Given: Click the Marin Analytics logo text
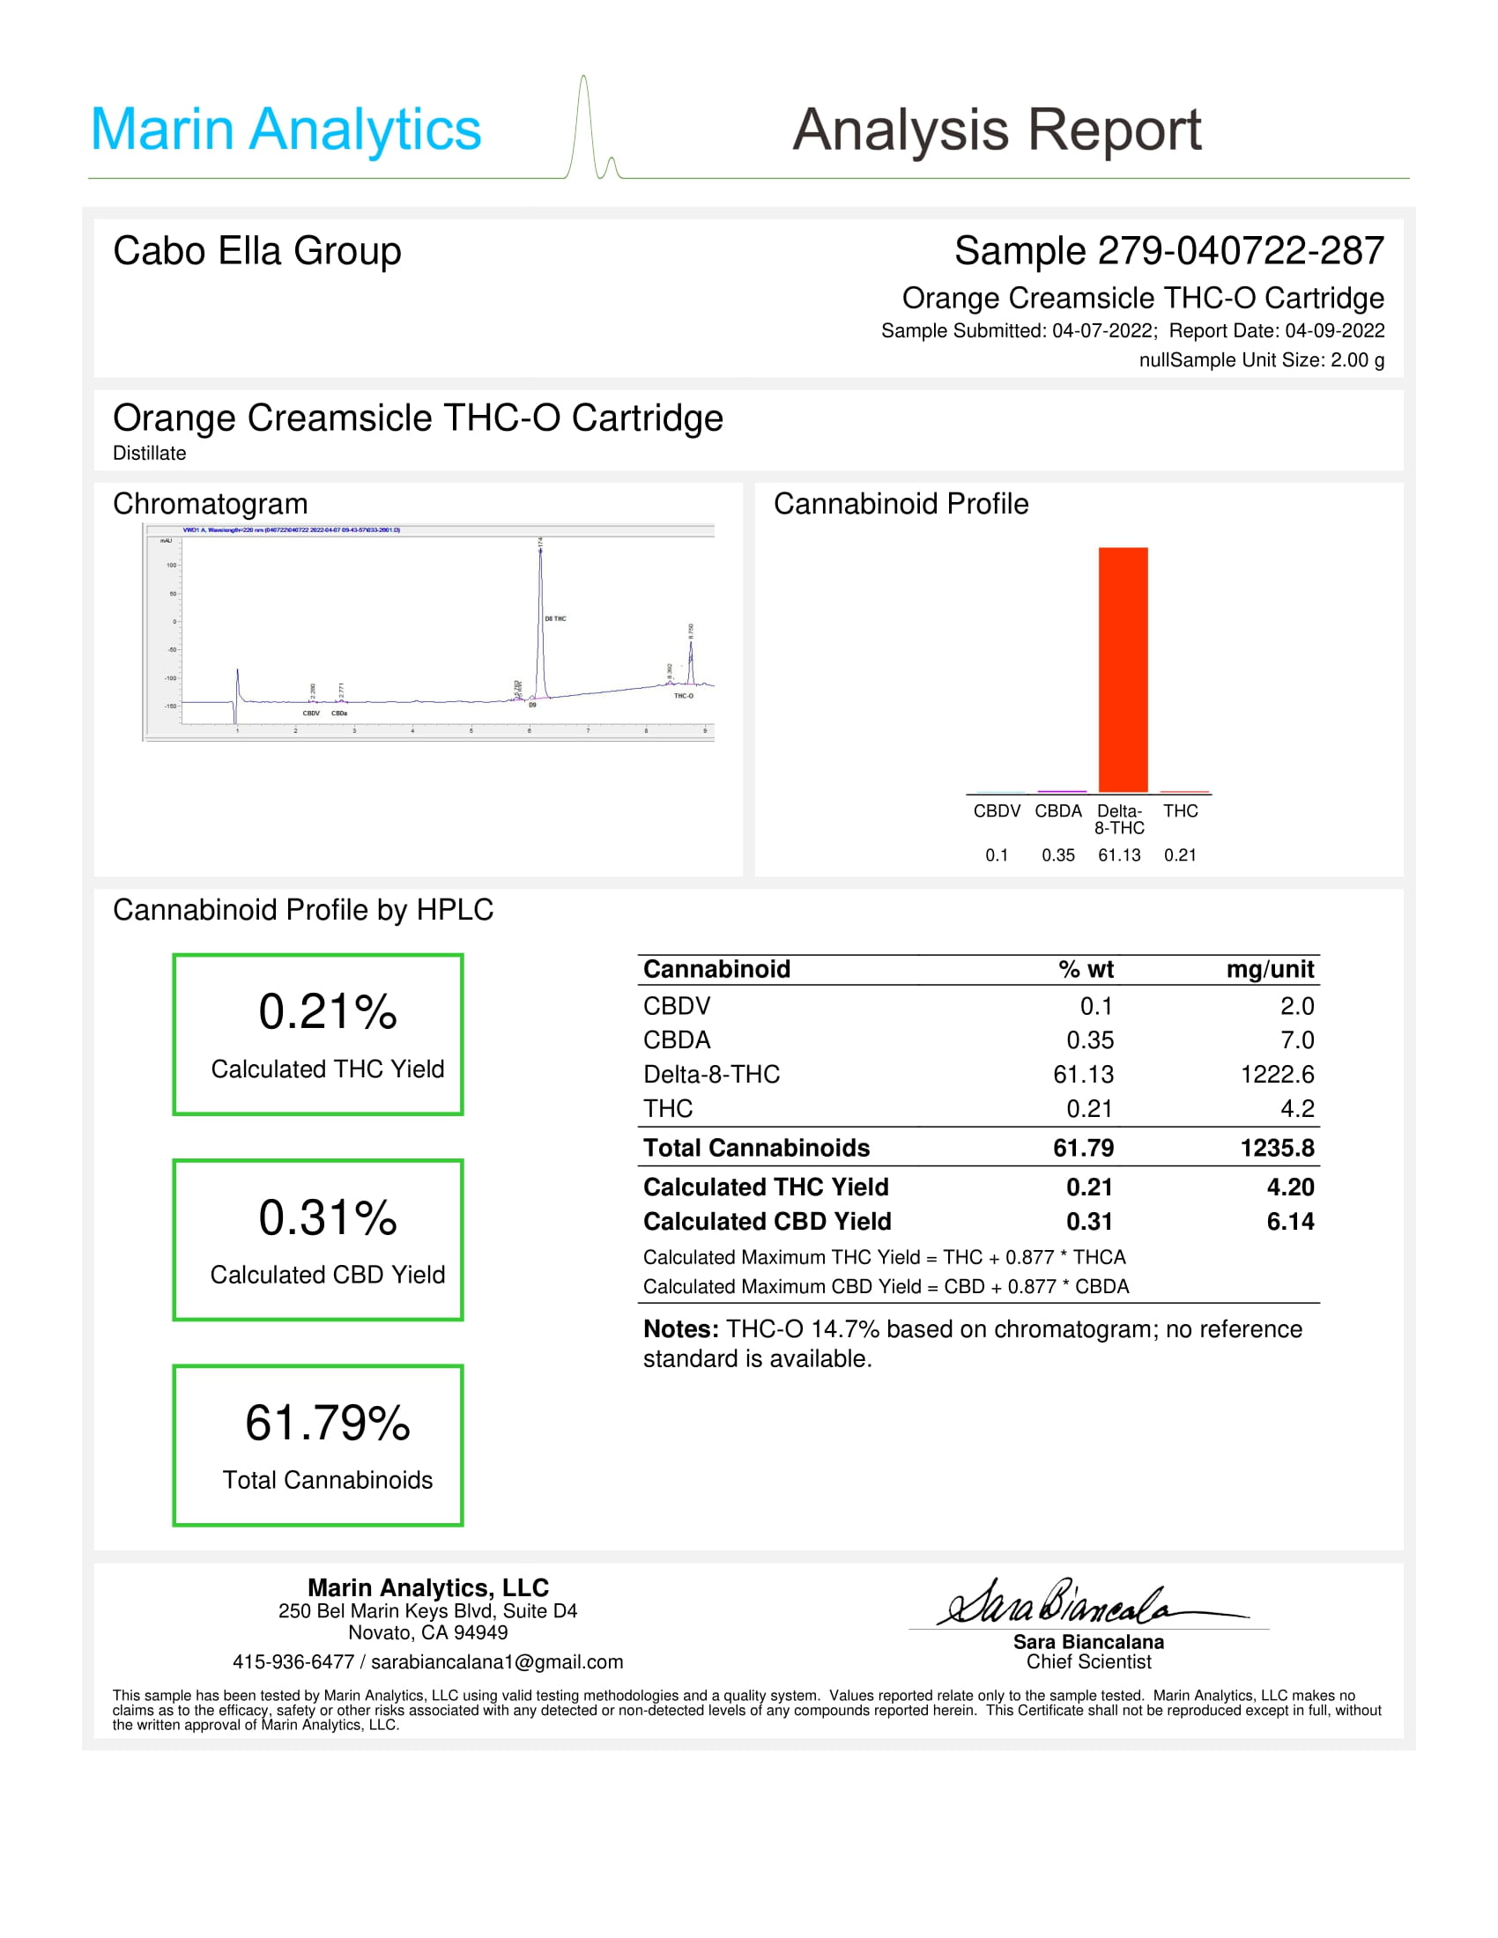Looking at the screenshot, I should (286, 129).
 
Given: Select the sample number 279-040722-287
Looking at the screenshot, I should (1240, 251).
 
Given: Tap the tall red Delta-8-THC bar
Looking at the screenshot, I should (1123, 670).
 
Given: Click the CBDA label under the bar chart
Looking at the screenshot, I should (1057, 811).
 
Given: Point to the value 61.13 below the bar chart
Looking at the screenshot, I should (1119, 855).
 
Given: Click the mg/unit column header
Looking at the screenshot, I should (1269, 969).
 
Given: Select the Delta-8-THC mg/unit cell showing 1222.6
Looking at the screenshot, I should (1276, 1075).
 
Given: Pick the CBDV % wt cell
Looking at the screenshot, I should (1096, 1006).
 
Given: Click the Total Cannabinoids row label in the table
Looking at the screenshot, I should (756, 1148).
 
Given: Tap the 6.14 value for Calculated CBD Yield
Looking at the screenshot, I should (1289, 1222).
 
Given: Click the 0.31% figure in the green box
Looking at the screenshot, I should (328, 1217).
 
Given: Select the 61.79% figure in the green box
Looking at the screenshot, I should (328, 1424).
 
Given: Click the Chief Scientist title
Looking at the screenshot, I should (1088, 1662).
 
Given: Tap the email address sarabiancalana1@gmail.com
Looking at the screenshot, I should (497, 1662).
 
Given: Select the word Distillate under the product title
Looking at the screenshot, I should (149, 454).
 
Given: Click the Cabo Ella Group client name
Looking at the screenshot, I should (257, 251).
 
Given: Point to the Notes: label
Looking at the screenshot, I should (680, 1329).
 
